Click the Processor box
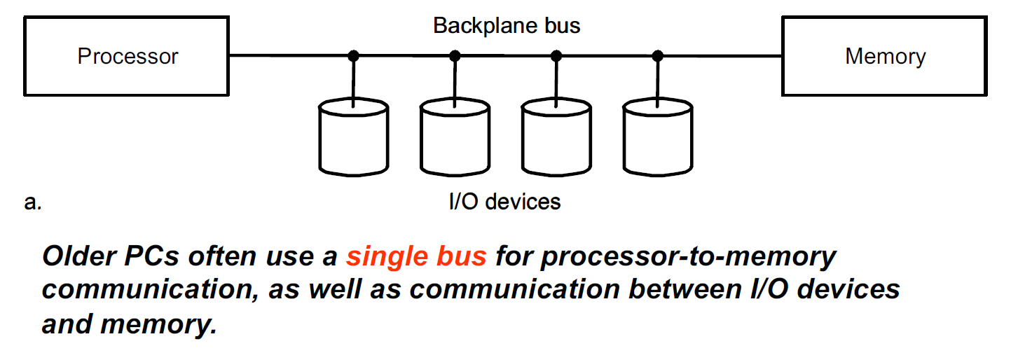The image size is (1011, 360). pos(128,56)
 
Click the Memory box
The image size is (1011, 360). pos(885,56)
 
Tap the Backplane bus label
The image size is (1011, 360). pos(507,26)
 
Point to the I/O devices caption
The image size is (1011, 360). pos(504,202)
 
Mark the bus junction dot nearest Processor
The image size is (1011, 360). pos(354,55)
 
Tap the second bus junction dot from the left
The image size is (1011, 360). pos(455,55)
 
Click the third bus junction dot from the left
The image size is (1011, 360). pos(556,55)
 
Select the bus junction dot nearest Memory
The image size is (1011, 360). pos(657,55)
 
